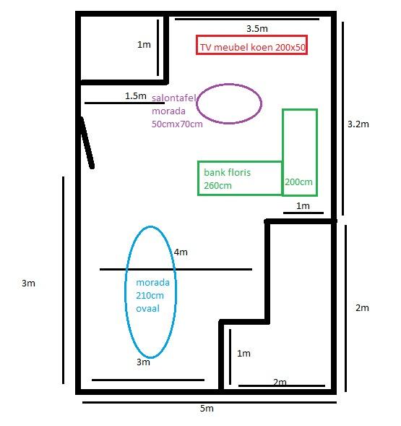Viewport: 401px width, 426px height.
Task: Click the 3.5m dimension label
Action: click(256, 28)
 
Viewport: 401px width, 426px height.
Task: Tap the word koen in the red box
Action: click(262, 47)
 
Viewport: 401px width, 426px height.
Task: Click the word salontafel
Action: click(173, 98)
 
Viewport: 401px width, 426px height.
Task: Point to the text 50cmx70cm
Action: click(177, 124)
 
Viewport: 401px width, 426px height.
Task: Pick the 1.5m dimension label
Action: click(136, 96)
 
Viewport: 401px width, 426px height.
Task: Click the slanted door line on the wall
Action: click(87, 142)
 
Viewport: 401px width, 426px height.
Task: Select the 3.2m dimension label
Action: click(358, 124)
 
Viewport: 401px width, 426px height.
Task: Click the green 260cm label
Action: click(217, 186)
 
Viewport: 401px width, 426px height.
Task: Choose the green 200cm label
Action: click(298, 182)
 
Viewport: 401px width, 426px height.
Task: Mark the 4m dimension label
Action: click(181, 252)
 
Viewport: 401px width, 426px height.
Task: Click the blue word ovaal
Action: click(147, 309)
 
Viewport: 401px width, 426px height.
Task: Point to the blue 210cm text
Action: click(150, 295)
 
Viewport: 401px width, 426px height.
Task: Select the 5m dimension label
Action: click(207, 409)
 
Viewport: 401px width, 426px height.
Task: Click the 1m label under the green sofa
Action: click(303, 206)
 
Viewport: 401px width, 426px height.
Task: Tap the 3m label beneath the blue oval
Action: click(143, 362)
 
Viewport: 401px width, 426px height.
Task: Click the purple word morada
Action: click(168, 111)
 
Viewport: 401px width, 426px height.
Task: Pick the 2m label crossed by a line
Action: click(280, 383)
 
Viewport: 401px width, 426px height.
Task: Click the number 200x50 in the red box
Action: click(290, 47)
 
